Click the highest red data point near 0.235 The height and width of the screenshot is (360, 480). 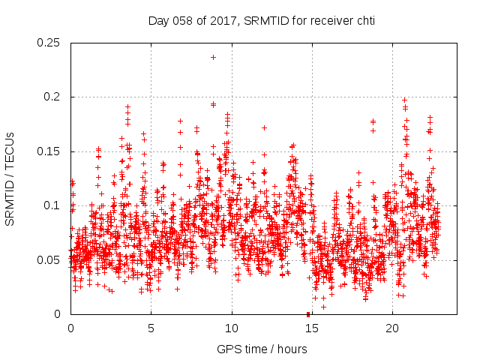coord(213,57)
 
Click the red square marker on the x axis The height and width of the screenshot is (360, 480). coord(308,314)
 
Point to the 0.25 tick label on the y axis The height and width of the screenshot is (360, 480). coord(49,43)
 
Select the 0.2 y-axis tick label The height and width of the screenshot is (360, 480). coord(53,97)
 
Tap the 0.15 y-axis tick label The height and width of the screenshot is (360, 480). coord(49,151)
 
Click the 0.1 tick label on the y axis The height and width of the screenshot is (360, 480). coord(53,206)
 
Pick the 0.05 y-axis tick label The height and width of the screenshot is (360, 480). coord(49,260)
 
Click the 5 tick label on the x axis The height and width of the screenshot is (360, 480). coord(151,328)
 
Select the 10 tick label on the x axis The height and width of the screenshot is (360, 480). coord(232,328)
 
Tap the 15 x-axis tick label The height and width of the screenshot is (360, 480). coord(312,328)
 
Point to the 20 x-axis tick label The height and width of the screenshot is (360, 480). coord(392,328)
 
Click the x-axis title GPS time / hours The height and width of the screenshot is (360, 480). coord(262,349)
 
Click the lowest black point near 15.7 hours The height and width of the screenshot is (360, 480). coord(323,307)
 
